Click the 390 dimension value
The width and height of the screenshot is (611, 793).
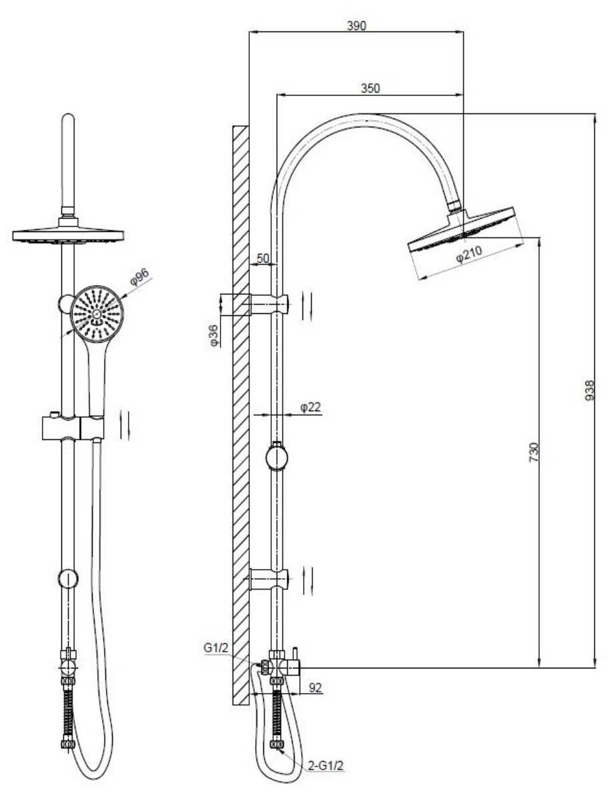pos(356,26)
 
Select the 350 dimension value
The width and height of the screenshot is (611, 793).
pos(370,89)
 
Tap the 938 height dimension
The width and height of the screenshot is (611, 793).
pos(590,391)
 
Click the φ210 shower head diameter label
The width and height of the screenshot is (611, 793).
pos(469,253)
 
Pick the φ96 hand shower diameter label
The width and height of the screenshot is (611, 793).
pos(140,277)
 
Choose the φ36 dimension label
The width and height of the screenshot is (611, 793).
pos(213,335)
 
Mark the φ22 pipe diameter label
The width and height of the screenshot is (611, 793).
pos(310,407)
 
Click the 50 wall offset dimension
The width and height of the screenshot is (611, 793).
pos(263,258)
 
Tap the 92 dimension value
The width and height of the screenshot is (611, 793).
pos(315,688)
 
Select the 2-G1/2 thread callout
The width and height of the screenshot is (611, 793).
pos(326,766)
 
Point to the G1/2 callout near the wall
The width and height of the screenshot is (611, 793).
pos(217,648)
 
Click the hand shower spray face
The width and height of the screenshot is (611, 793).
pos(96,314)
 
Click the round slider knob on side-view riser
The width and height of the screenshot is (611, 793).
pos(277,458)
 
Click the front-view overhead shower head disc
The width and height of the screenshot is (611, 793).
pos(68,235)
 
